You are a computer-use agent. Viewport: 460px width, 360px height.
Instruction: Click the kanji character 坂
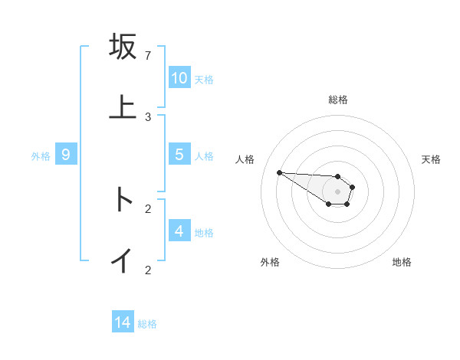point(123,47)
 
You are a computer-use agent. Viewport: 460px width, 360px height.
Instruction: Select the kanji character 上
point(123,106)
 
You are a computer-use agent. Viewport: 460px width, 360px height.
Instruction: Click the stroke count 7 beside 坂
point(148,56)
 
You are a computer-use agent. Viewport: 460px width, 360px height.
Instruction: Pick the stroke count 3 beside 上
point(148,116)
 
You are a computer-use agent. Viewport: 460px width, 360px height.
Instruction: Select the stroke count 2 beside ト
point(148,208)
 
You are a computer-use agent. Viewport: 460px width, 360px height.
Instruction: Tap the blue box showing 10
point(179,78)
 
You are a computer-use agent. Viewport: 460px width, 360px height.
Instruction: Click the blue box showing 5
point(179,155)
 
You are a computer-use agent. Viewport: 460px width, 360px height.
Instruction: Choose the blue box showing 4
point(179,231)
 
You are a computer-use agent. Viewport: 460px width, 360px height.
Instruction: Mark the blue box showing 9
point(66,155)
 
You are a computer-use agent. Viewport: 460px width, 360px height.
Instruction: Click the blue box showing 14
point(123,322)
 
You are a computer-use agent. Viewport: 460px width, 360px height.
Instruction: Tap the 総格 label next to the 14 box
point(147,324)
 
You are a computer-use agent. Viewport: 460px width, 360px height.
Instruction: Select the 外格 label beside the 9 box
point(41,156)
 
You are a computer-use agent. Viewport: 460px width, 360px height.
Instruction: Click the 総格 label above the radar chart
point(338,100)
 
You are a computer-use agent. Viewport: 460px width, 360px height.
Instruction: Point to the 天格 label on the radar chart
point(432,159)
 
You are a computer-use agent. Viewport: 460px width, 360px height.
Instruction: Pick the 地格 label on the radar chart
point(402,262)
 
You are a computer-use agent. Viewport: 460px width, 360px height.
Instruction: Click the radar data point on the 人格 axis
point(279,172)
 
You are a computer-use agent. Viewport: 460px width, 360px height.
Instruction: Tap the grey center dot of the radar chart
point(337,191)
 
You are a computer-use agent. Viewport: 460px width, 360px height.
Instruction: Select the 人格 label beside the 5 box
point(204,156)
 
